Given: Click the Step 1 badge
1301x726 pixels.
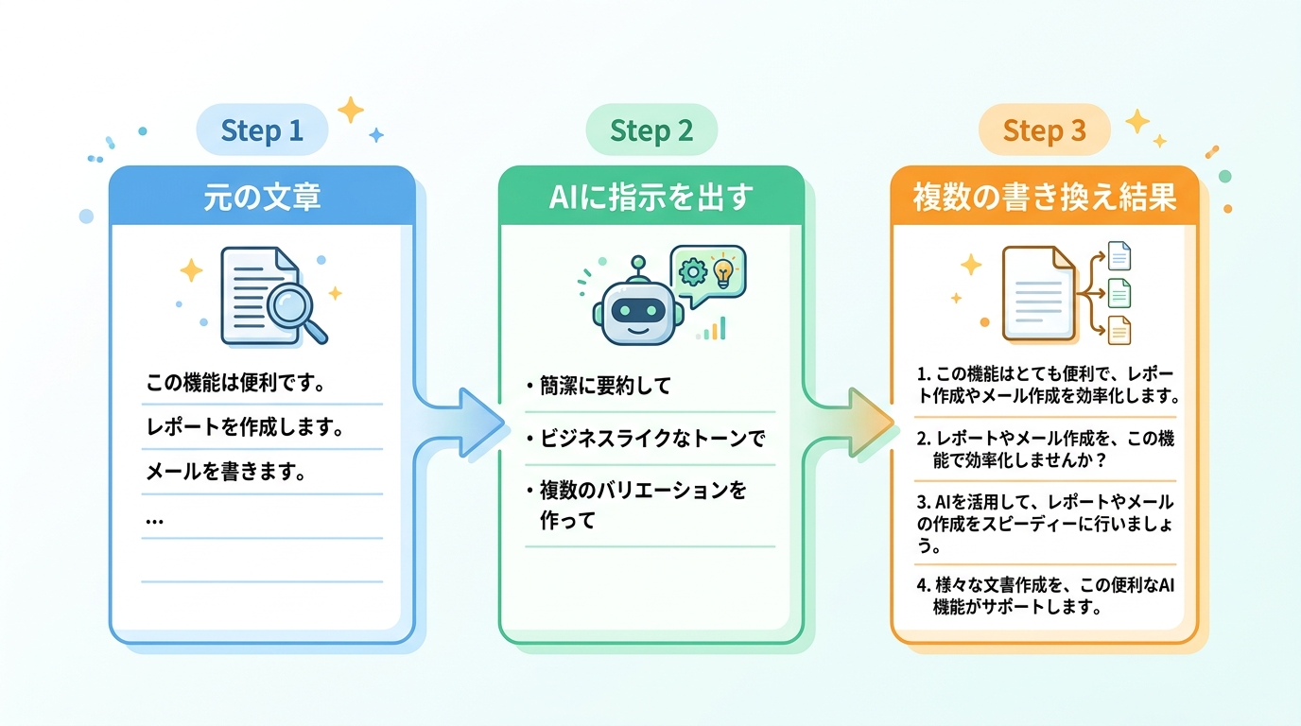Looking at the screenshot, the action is (262, 130).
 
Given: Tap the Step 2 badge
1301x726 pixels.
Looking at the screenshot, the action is (651, 130).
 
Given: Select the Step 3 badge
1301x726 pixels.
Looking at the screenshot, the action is (1044, 130).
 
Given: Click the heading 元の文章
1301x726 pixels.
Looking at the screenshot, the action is (262, 198).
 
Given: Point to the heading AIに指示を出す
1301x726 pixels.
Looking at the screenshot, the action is (651, 198).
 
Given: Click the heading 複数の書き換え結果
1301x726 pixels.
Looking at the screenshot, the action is (1044, 198).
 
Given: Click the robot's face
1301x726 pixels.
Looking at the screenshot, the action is (637, 311).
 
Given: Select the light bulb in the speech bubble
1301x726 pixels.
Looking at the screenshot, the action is (723, 272).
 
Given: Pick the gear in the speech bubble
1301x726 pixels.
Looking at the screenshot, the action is (693, 272).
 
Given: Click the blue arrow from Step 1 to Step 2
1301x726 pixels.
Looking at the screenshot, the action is (459, 423).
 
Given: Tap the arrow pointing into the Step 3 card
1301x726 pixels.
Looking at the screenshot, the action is (848, 423).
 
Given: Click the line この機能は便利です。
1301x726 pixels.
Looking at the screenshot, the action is (235, 383).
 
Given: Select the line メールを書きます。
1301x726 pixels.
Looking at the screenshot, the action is (226, 472).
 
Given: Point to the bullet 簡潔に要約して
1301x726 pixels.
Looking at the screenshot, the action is (598, 386).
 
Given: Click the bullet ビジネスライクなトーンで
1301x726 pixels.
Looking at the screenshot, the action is (646, 439).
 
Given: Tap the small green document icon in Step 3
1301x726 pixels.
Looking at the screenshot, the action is (1119, 293).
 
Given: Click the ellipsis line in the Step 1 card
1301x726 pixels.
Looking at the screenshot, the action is (154, 521).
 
